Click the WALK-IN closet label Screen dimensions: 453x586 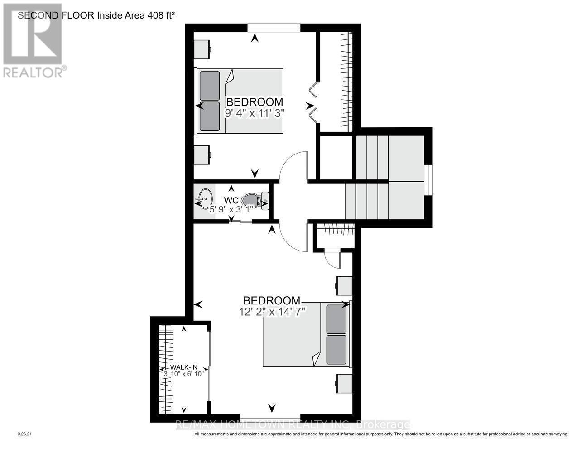click(x=184, y=367)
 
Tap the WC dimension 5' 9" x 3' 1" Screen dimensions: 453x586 click(x=231, y=209)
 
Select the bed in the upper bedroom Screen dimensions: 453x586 click(x=240, y=101)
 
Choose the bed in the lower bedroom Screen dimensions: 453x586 click(x=307, y=334)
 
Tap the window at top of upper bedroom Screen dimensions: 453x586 click(x=274, y=28)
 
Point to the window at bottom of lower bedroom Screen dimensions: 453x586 click(x=270, y=417)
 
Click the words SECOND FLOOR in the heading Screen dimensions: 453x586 click(x=56, y=15)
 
